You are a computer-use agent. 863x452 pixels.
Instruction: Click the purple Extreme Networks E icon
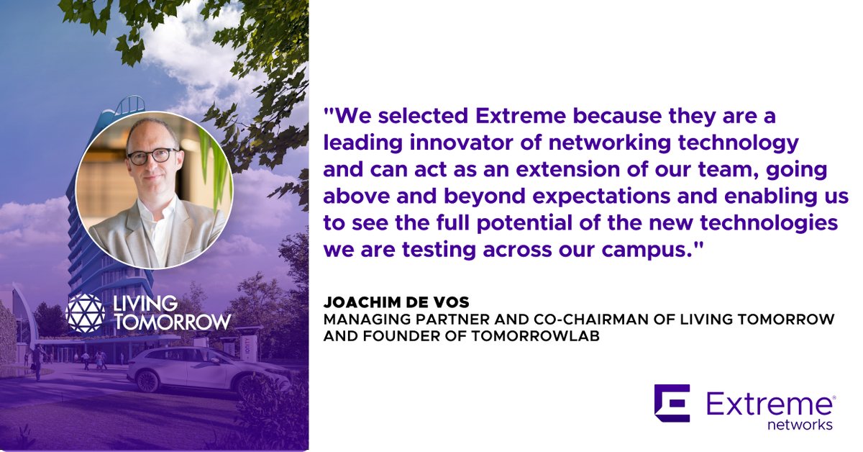tap(672, 402)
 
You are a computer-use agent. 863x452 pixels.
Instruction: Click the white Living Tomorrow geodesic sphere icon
tap(85, 311)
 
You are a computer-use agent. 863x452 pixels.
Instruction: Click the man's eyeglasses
tap(152, 155)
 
